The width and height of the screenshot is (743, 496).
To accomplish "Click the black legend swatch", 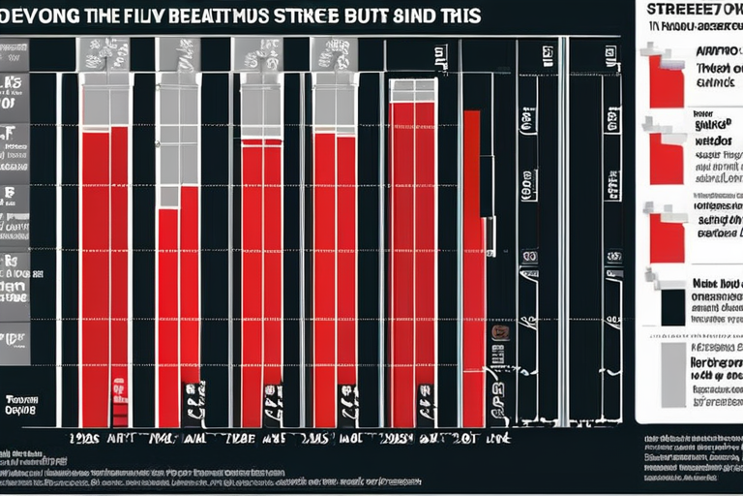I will click(672, 307).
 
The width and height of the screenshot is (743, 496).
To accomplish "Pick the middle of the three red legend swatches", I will click(667, 159).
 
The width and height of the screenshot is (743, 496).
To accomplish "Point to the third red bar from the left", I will click(261, 281).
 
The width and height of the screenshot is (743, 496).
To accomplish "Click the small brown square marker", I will click(499, 332).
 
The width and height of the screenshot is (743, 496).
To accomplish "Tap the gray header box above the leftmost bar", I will click(105, 54).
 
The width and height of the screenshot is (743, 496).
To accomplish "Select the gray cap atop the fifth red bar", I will click(412, 90).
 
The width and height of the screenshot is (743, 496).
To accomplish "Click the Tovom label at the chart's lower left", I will click(19, 404).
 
